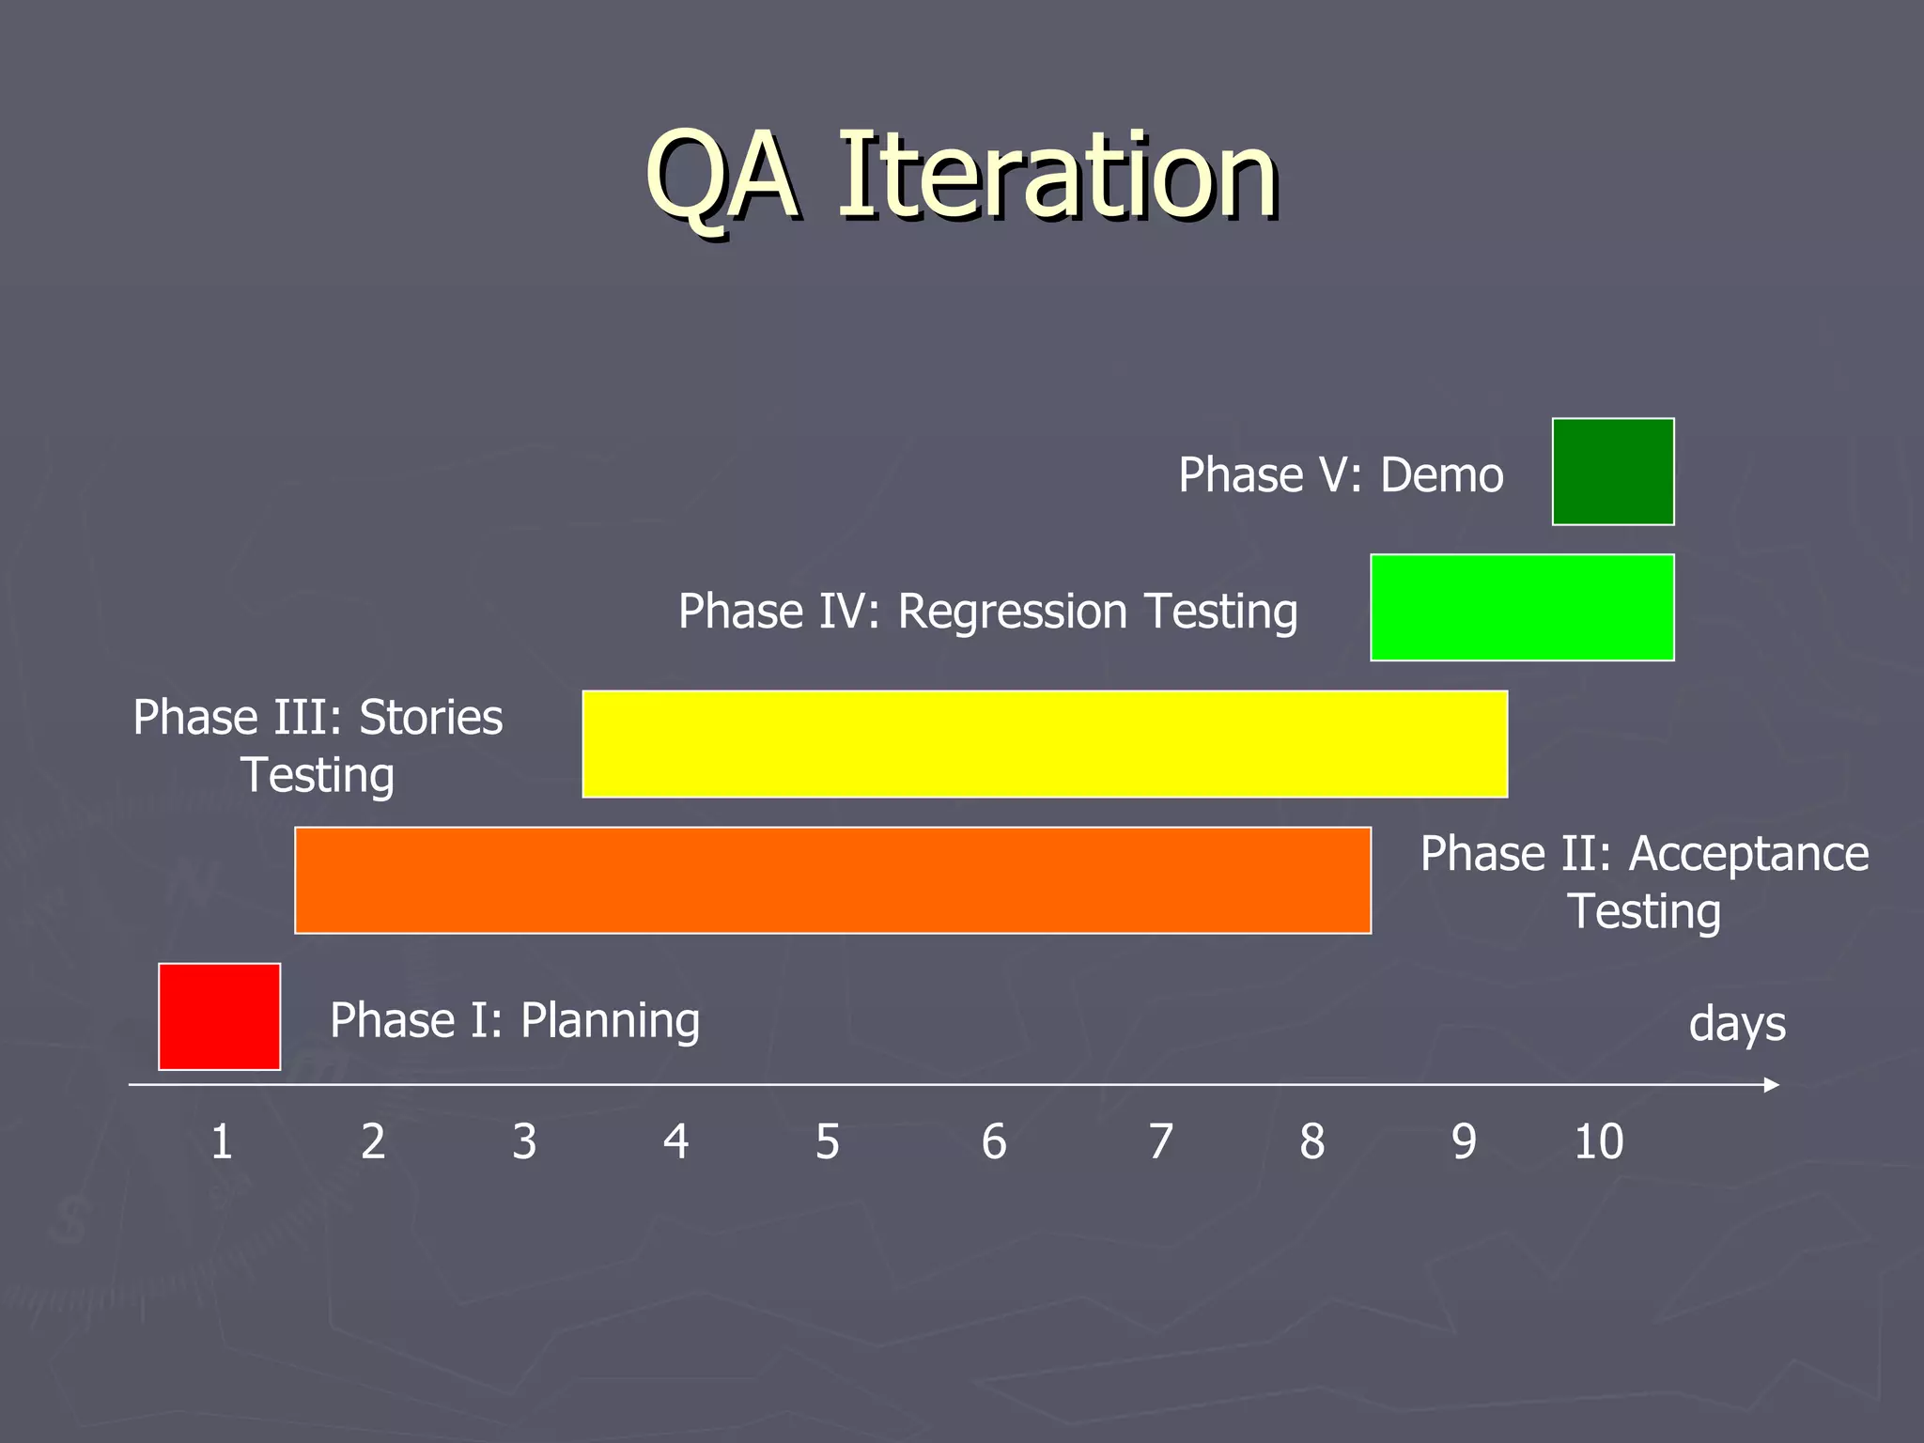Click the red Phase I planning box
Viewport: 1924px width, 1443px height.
(x=219, y=1016)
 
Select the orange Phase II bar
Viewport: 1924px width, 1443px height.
(x=832, y=880)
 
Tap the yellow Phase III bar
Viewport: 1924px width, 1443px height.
(x=1045, y=744)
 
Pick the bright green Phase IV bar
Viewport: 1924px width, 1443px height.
(x=1522, y=608)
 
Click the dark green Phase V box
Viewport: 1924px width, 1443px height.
(x=1613, y=472)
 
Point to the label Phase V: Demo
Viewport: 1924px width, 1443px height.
(x=1341, y=475)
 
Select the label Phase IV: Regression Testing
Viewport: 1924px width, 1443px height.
(x=987, y=612)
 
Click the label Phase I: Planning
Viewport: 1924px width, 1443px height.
(x=515, y=1021)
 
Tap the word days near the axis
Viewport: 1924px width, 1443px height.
(x=1737, y=1024)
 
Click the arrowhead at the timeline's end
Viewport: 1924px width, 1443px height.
(x=1772, y=1085)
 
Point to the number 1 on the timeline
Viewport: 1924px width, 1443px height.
(x=222, y=1142)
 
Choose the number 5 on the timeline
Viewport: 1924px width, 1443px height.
(x=827, y=1142)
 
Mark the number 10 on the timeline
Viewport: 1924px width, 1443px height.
(x=1598, y=1142)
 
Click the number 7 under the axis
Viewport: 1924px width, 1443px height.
(x=1161, y=1142)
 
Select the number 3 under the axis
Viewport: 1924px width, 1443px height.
(x=524, y=1142)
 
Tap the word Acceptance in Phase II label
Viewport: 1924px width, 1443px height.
(x=1748, y=855)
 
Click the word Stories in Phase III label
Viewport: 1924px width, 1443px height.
(x=431, y=718)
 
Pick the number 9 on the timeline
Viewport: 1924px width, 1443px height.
(x=1464, y=1142)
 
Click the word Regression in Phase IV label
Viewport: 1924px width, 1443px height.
(x=1012, y=613)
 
